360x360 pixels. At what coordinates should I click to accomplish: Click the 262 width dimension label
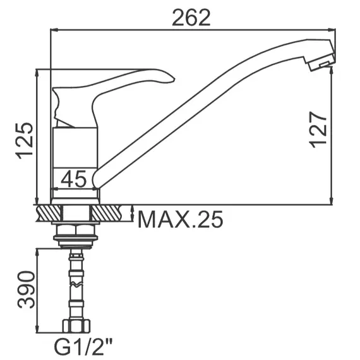(x=191, y=18)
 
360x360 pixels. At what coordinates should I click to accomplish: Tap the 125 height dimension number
(x=24, y=140)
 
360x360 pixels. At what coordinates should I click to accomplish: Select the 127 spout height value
(x=318, y=129)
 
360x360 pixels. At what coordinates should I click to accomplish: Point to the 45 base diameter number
(x=74, y=179)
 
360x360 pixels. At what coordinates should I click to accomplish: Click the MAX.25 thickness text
(x=180, y=219)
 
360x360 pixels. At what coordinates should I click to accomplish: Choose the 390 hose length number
(x=26, y=289)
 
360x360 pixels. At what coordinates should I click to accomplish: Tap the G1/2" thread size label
(x=83, y=347)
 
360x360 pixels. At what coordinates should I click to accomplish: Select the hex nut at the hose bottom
(x=76, y=325)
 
